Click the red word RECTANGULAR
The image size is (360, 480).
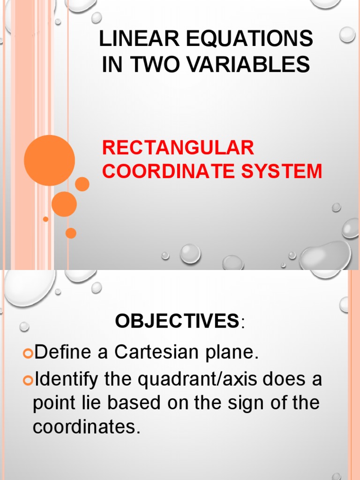pyautogui.click(x=178, y=148)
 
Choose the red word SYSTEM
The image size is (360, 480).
pyautogui.click(x=287, y=171)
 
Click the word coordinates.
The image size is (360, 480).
pyautogui.click(x=87, y=427)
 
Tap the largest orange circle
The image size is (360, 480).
pyautogui.click(x=49, y=160)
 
